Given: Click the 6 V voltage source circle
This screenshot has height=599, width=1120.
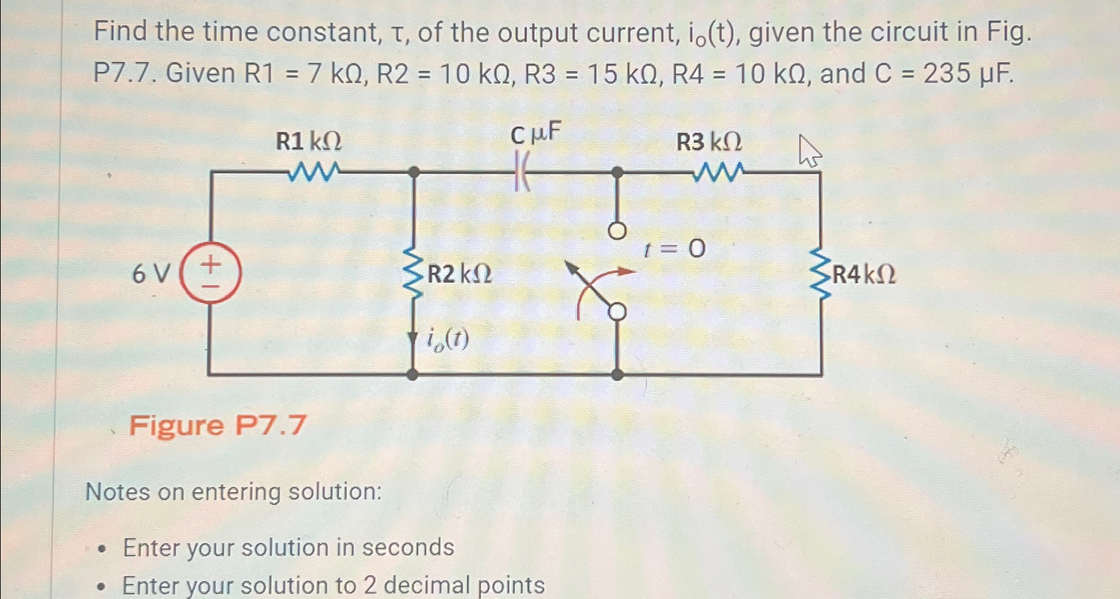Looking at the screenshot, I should click(x=210, y=272).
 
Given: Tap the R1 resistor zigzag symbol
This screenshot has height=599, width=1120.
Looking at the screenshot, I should click(x=314, y=172).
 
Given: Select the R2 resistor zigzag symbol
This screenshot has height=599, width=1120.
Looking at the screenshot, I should click(x=413, y=273).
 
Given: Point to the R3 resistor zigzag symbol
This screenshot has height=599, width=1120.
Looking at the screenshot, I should click(x=718, y=173).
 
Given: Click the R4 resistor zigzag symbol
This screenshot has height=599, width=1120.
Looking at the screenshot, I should click(x=820, y=273).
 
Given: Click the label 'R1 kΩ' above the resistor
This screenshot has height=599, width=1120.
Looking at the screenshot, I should click(x=309, y=141).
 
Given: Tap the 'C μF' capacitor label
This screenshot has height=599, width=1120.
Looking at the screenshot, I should click(x=535, y=135).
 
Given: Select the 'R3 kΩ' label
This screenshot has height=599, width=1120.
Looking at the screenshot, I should click(x=709, y=142).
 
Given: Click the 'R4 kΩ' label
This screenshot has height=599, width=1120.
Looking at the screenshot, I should click(x=864, y=274).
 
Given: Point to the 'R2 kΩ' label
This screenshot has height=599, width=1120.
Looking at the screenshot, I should click(x=459, y=273).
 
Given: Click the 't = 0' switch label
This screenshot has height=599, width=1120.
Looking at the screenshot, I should click(x=674, y=249).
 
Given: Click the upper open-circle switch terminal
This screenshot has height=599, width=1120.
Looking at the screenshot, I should click(x=617, y=231).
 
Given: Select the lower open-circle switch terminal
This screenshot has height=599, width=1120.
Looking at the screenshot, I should click(x=617, y=312).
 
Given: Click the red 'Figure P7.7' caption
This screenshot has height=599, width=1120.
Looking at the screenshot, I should click(x=218, y=425).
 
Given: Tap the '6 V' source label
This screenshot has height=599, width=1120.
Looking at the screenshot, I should click(x=151, y=273).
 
